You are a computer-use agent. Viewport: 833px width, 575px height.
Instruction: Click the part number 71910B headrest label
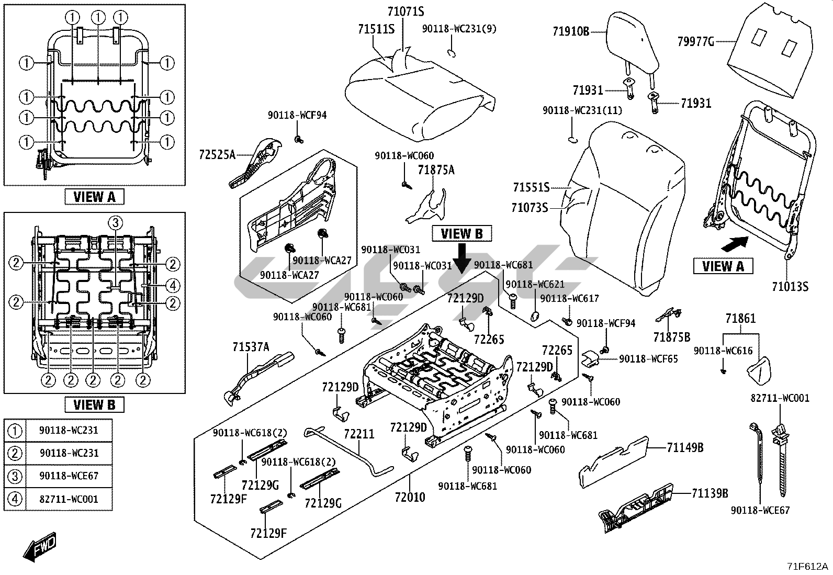point(571,31)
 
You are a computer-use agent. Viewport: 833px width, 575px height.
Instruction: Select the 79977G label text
point(695,41)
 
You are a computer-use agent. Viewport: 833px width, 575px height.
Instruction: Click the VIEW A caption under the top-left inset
point(94,197)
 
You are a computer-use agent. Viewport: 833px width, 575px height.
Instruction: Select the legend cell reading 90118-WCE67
point(69,476)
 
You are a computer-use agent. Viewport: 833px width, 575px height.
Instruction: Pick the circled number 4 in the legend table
point(16,499)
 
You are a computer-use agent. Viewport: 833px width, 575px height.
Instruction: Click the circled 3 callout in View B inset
point(116,222)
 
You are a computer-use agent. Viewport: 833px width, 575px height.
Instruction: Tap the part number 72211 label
point(359,434)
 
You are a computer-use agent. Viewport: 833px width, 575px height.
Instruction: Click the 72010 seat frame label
point(410,497)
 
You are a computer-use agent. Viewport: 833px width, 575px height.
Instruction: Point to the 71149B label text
point(685,447)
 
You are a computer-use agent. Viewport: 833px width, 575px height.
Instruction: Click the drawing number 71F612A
point(808,566)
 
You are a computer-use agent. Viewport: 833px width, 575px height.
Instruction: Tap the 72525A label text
point(217,154)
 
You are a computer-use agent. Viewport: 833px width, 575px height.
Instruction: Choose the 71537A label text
point(251,346)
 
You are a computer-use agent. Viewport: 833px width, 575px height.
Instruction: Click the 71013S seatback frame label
point(790,286)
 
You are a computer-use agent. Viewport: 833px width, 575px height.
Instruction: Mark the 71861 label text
point(740,319)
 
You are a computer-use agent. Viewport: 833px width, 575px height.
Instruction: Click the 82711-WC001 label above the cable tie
point(780,398)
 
